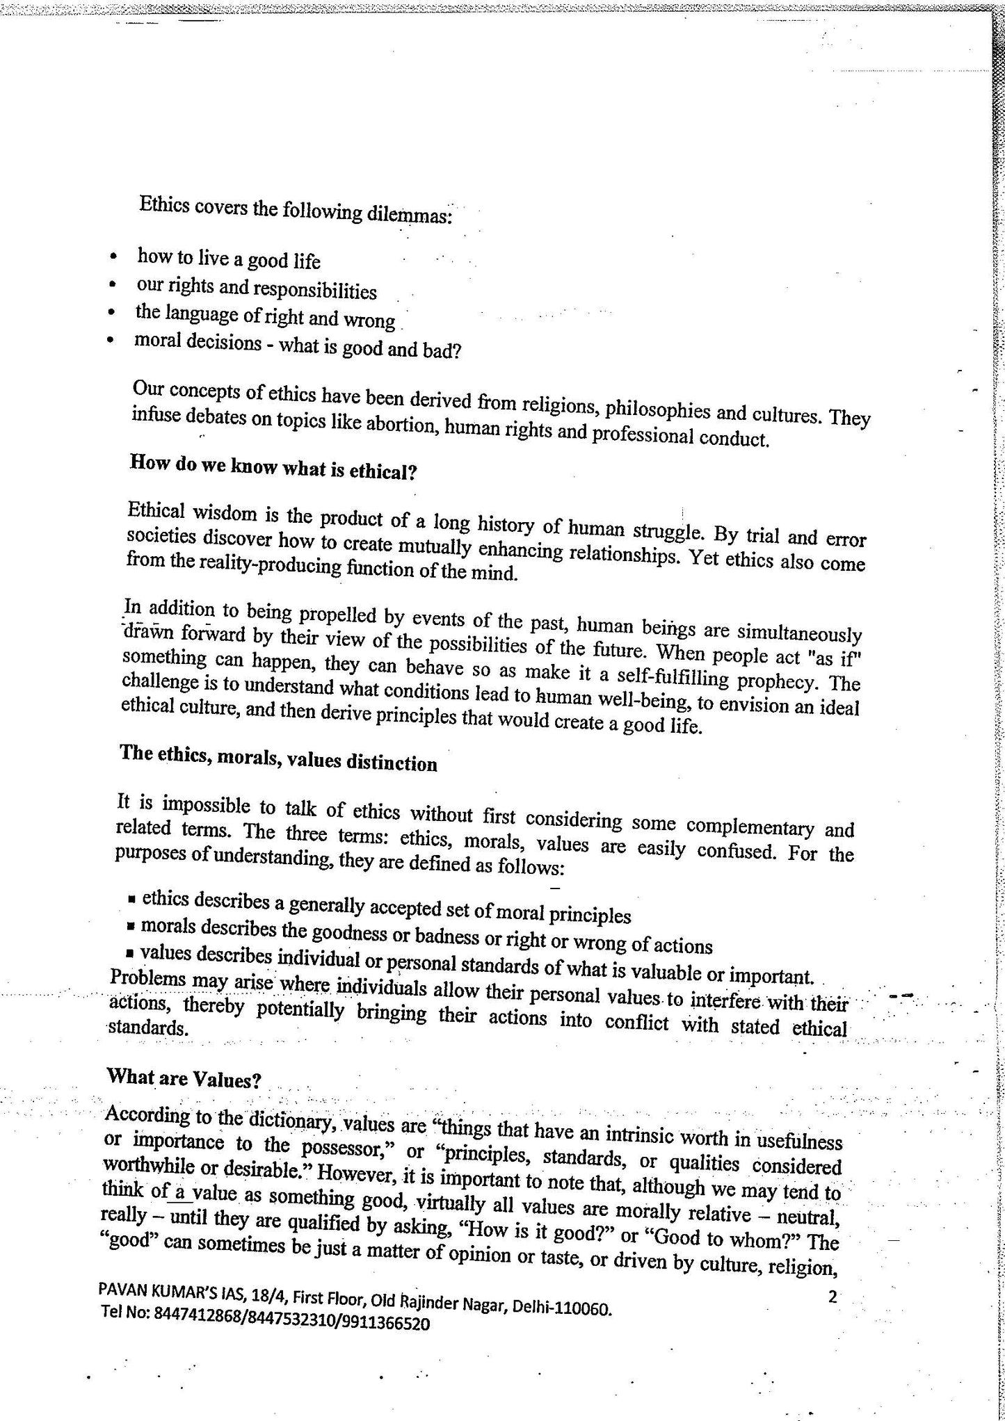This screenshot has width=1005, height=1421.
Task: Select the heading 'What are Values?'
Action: (x=184, y=1080)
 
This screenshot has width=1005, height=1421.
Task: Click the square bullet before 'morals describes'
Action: (x=130, y=927)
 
